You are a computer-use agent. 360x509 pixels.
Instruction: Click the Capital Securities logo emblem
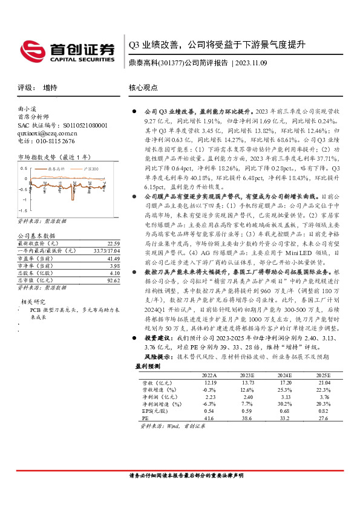point(31,48)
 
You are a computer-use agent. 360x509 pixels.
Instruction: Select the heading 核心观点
point(143,88)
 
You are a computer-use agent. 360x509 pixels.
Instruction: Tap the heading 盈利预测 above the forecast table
point(148,366)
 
